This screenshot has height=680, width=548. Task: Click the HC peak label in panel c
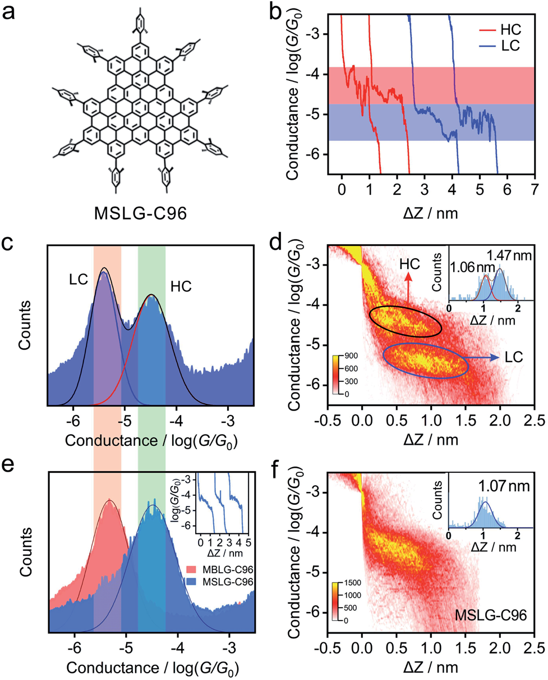tap(180, 286)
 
